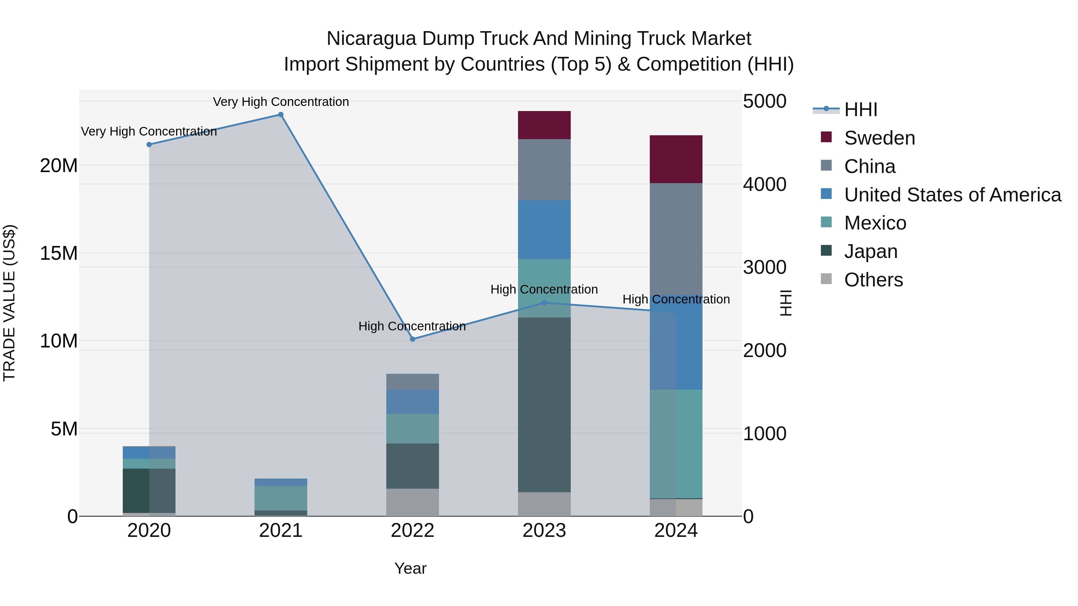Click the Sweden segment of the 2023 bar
[x=544, y=125]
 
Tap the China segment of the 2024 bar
[x=676, y=239]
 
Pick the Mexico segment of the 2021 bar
[x=281, y=498]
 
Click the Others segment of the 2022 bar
[x=412, y=502]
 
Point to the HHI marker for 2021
[x=281, y=115]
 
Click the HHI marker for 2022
[x=413, y=339]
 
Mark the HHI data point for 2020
[x=149, y=145]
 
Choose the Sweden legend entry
[x=879, y=138]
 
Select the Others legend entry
[x=873, y=280]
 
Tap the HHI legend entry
[x=860, y=110]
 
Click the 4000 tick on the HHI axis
[x=764, y=184]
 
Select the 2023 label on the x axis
[x=544, y=531]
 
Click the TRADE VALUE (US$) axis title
[x=9, y=303]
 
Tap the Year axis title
[x=410, y=568]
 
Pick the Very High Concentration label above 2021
[x=281, y=102]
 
